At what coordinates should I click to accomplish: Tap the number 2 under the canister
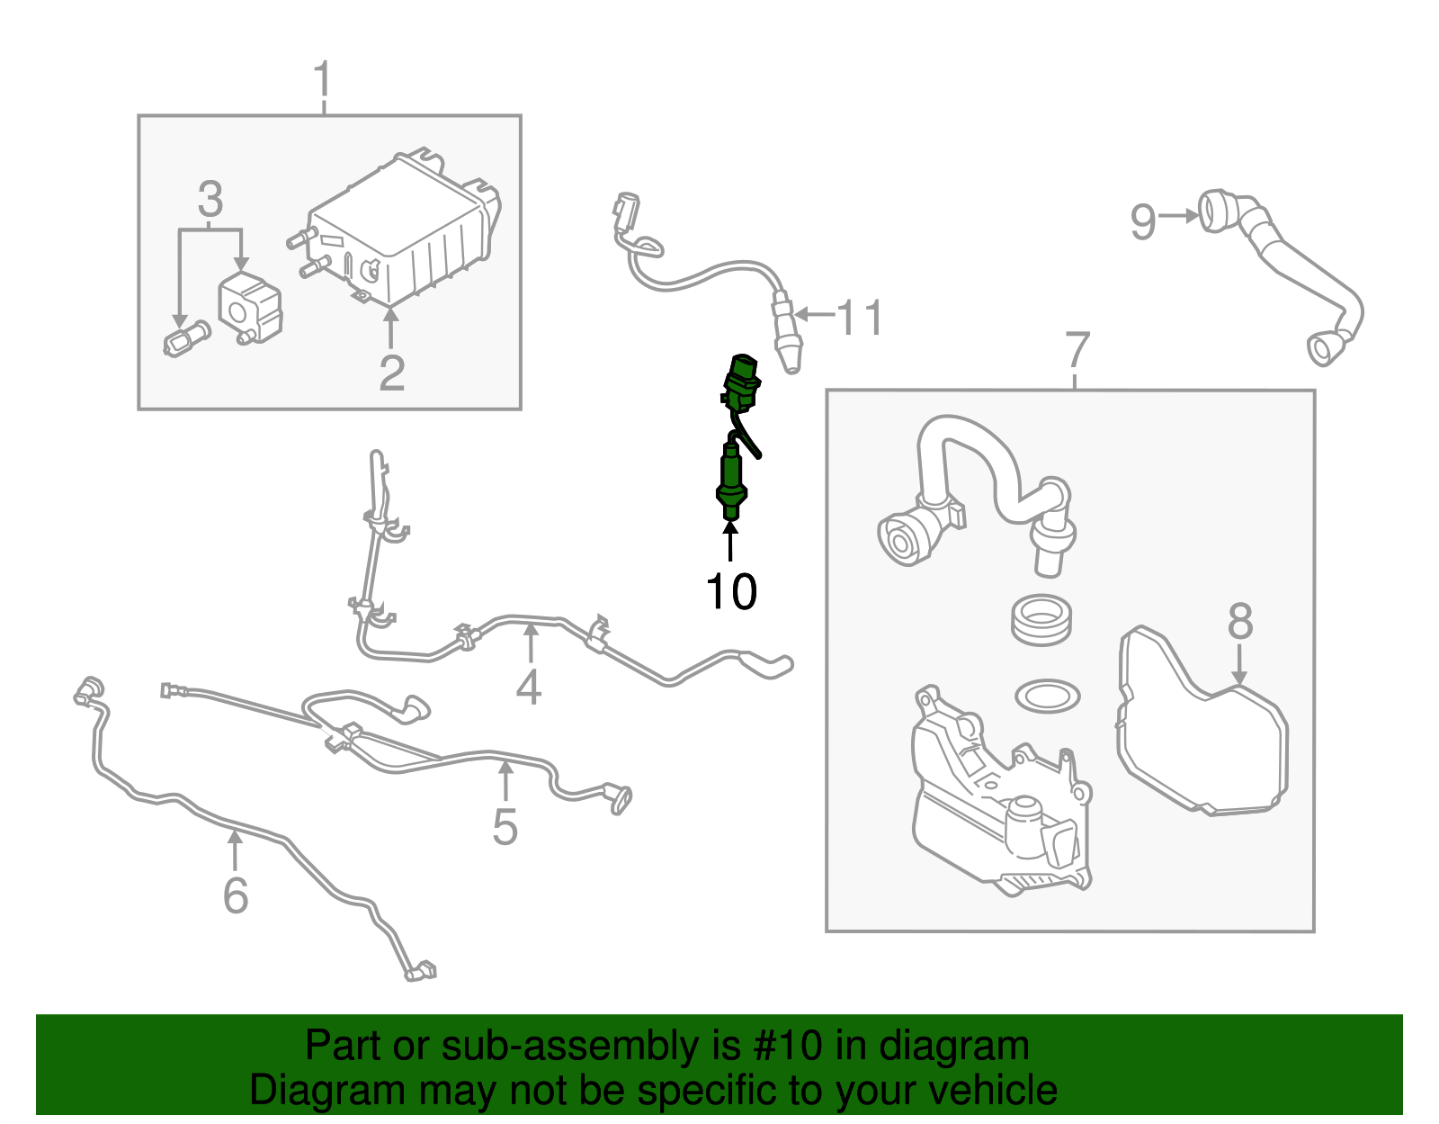[x=391, y=372]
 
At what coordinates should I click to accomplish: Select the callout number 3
[x=210, y=200]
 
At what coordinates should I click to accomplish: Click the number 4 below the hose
[x=529, y=687]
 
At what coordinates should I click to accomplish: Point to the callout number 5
[x=505, y=826]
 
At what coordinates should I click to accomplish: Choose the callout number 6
[x=236, y=895]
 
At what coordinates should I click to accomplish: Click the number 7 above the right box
[x=1077, y=351]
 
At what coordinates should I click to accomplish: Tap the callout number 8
[x=1240, y=621]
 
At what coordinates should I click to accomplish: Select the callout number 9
[x=1142, y=221]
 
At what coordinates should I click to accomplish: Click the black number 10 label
[x=731, y=591]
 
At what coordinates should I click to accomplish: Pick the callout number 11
[x=860, y=318]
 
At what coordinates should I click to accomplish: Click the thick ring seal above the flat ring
[x=1041, y=619]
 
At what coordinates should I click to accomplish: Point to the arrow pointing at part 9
[x=1177, y=216]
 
